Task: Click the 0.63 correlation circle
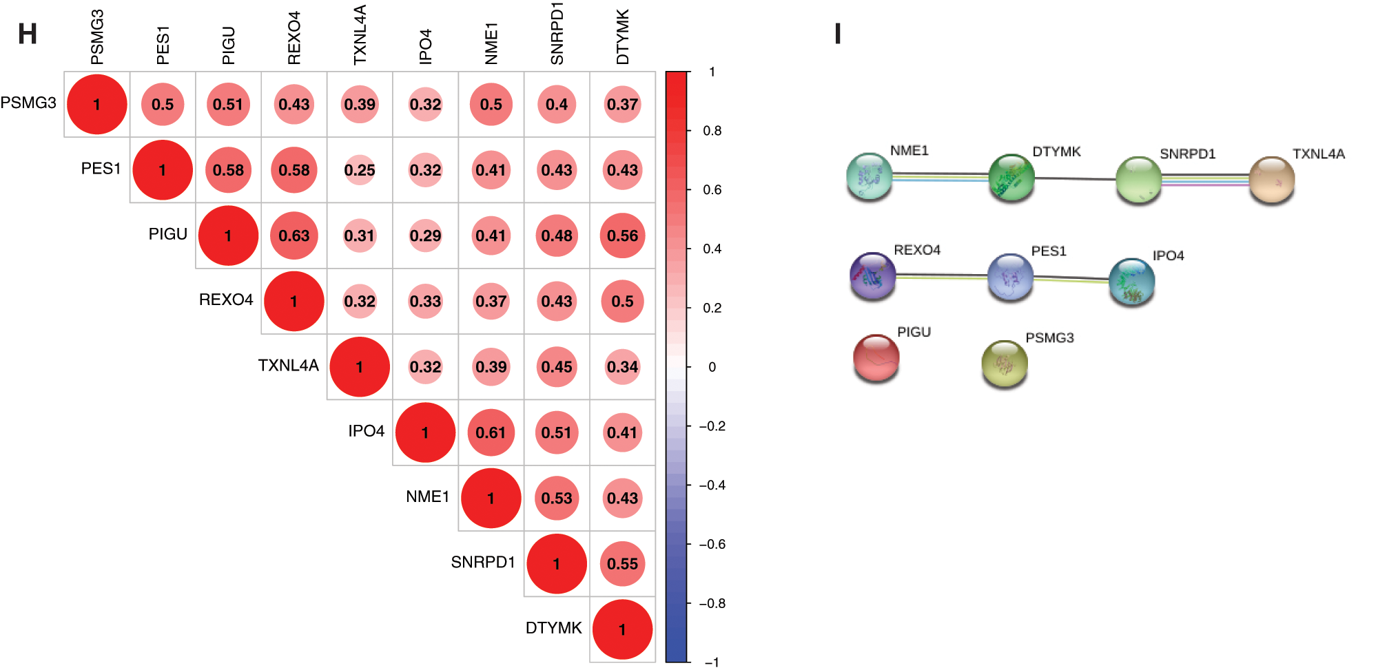[294, 235]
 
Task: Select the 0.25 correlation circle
[360, 170]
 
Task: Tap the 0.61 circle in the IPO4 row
[491, 432]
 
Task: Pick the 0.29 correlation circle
[425, 235]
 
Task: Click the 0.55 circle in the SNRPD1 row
[622, 564]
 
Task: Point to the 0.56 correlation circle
[622, 235]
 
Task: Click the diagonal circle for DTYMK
[622, 629]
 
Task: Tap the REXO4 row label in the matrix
[226, 300]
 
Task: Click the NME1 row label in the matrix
[427, 497]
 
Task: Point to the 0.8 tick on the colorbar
[712, 131]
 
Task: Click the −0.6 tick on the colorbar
[712, 545]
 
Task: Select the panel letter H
[28, 34]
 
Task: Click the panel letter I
[838, 34]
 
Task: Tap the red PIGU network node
[876, 357]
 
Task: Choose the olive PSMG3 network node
[1004, 363]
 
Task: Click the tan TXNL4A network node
[1271, 179]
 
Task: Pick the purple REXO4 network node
[872, 276]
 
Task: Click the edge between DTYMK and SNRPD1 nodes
[1075, 178]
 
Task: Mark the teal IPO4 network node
[1131, 281]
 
